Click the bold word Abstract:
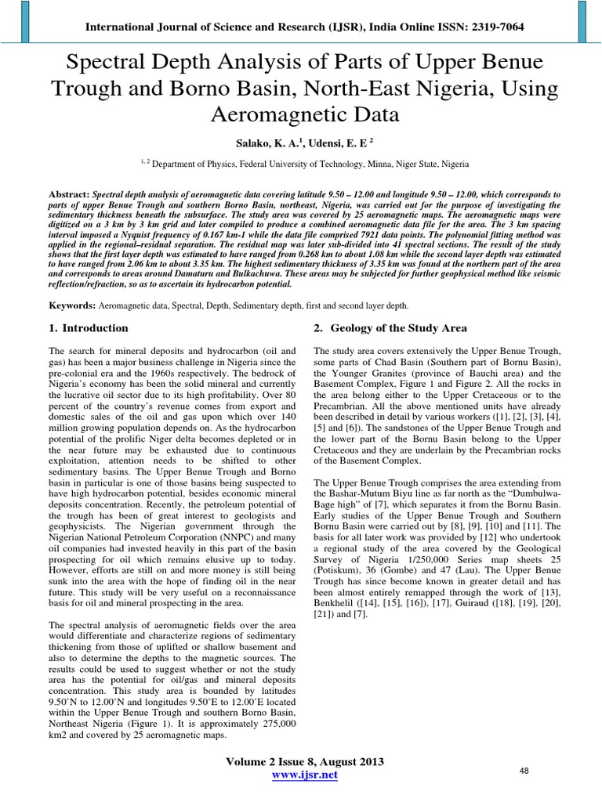(68, 193)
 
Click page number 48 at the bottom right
(525, 771)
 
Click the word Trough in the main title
(86, 89)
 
